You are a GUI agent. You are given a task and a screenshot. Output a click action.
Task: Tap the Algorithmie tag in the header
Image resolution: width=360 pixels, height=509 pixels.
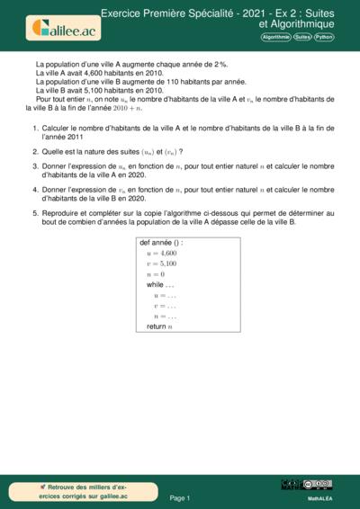click(x=275, y=38)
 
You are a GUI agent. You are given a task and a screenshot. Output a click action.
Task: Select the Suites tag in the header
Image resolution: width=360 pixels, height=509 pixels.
click(x=301, y=38)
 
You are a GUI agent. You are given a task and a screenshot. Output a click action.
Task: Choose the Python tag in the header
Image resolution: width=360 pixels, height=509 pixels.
click(x=324, y=38)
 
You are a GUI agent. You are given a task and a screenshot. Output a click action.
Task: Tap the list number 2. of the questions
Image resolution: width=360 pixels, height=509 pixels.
click(x=35, y=152)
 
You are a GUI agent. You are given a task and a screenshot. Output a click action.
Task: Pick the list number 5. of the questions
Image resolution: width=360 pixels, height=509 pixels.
click(x=35, y=213)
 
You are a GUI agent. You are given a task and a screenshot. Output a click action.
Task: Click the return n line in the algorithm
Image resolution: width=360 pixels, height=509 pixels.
click(x=158, y=326)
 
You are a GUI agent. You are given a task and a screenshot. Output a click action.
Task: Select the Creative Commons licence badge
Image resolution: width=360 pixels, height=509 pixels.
click(x=318, y=485)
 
